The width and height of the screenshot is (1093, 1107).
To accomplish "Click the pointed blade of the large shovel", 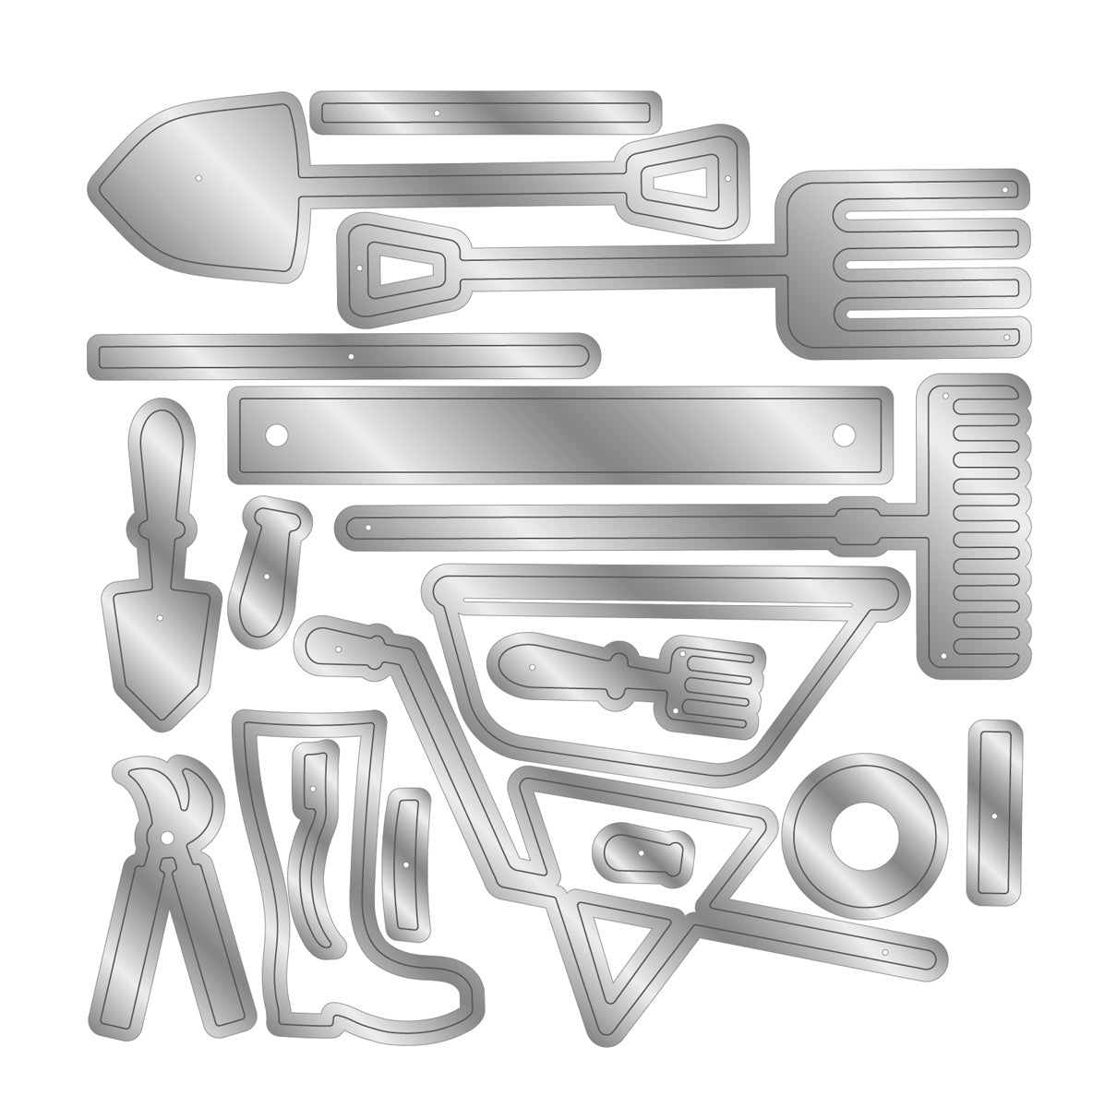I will click(198, 175).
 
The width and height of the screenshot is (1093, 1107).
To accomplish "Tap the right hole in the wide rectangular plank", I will click(844, 431).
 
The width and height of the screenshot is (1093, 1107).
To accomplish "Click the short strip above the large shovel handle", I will click(486, 111).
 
